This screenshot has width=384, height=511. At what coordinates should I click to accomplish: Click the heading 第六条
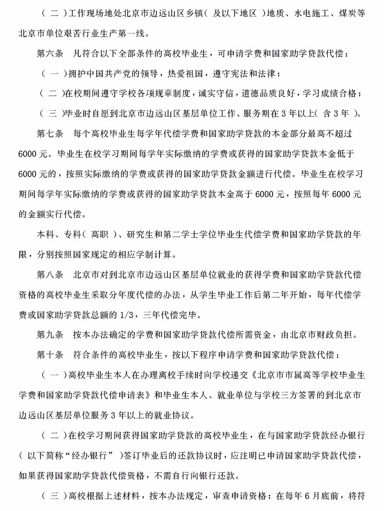click(x=49, y=54)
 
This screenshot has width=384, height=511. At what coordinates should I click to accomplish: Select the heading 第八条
click(x=49, y=275)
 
